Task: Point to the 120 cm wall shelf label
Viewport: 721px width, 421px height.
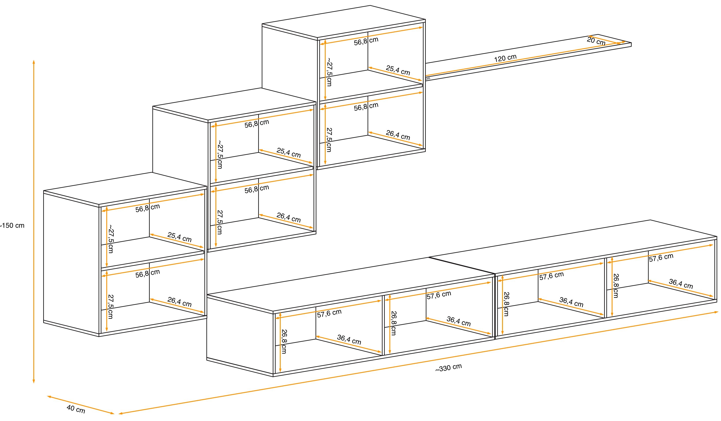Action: (x=505, y=58)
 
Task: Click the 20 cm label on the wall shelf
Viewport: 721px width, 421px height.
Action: (x=596, y=41)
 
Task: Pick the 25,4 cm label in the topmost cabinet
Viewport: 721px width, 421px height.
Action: (x=398, y=70)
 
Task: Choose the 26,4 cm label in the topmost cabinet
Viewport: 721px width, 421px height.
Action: (x=398, y=135)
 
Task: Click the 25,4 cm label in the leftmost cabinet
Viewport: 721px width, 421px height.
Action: (x=179, y=237)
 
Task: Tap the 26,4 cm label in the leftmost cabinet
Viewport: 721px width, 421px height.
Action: (x=179, y=302)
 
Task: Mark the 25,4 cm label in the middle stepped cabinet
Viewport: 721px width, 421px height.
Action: (x=288, y=153)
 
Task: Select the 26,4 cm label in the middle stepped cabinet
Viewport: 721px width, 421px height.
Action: (x=288, y=217)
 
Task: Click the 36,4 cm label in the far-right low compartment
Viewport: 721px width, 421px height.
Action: (x=681, y=284)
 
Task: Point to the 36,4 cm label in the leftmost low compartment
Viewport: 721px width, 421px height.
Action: (x=349, y=339)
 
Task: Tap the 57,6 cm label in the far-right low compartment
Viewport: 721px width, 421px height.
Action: (x=661, y=258)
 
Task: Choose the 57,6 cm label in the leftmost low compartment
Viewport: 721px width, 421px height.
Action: (x=329, y=313)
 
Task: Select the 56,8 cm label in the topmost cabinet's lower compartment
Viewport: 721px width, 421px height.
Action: (x=366, y=106)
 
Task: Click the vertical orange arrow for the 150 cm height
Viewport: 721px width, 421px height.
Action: (x=34, y=222)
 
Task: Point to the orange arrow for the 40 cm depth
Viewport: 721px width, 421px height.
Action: (x=81, y=405)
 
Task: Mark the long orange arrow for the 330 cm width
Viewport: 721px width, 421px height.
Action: (x=418, y=363)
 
